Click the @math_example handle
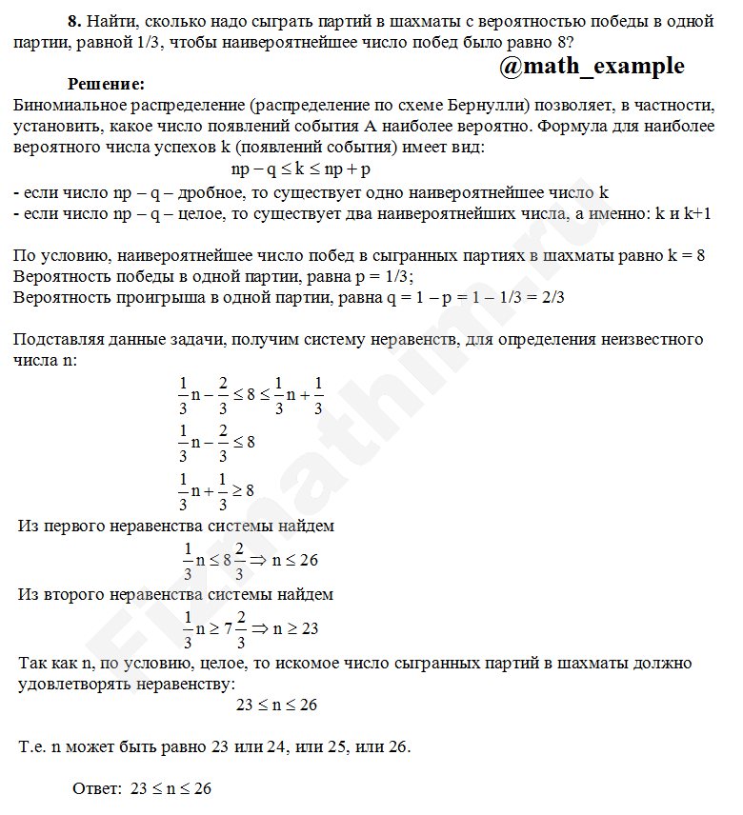coord(591,66)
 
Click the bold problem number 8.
coord(73,20)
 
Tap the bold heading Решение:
coord(106,84)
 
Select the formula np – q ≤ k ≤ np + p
coord(300,169)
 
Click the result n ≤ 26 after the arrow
coord(294,560)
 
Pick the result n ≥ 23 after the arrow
coord(295,628)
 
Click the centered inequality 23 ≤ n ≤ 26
coord(276,706)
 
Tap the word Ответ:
coord(97,789)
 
